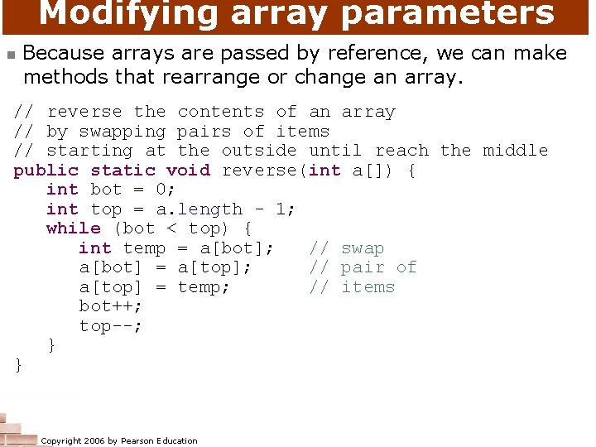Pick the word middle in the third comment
(x=515, y=150)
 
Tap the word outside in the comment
(x=258, y=150)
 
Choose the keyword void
(x=188, y=170)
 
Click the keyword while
(x=74, y=228)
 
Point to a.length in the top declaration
(x=199, y=209)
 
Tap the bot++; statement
(x=111, y=306)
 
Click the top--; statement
(x=111, y=325)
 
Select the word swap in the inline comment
(x=363, y=248)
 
